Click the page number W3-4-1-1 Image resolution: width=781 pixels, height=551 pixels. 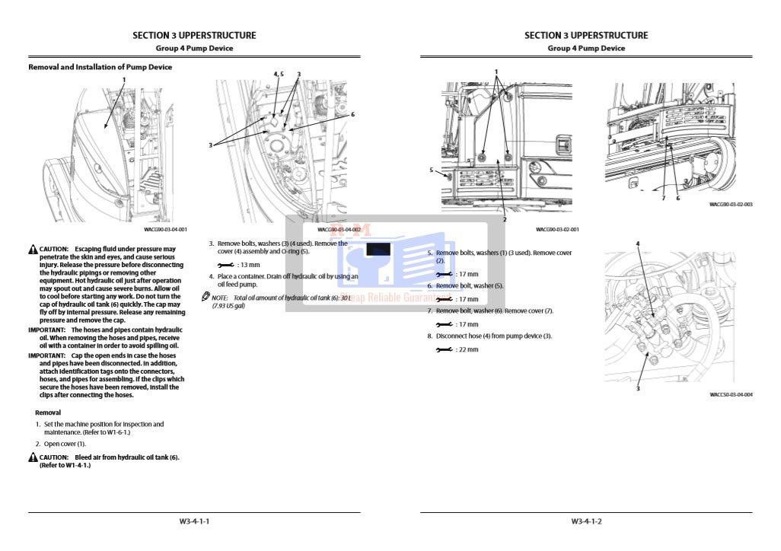click(194, 521)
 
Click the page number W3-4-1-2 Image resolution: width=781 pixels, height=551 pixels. click(586, 521)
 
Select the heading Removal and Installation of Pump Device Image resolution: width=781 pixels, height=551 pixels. click(100, 67)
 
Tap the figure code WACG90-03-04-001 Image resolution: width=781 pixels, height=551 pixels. click(165, 229)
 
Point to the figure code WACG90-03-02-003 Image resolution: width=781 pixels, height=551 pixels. click(731, 205)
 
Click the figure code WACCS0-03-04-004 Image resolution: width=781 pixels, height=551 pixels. click(731, 395)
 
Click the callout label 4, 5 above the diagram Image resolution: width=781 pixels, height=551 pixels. click(279, 74)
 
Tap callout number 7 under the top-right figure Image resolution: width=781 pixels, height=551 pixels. click(663, 198)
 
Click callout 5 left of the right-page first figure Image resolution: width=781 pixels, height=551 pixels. click(431, 170)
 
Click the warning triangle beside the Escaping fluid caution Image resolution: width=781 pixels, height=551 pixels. click(33, 250)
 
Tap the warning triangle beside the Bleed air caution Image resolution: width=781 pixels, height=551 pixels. click(33, 457)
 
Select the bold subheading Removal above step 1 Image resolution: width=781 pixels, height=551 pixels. click(48, 412)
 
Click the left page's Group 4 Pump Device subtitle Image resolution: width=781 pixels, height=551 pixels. click(194, 48)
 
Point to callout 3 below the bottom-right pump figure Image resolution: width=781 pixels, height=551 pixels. click(638, 389)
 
